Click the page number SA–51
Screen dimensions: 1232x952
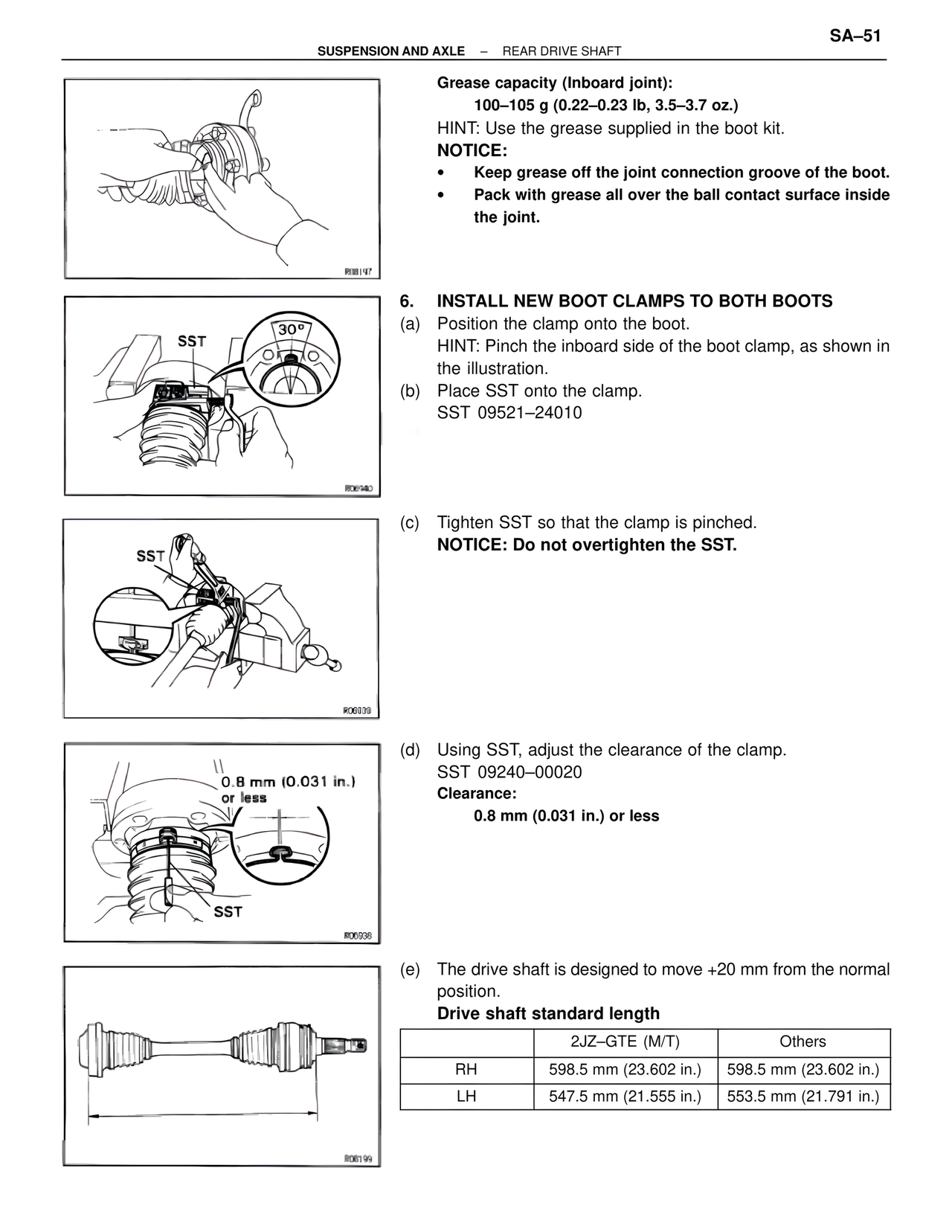(x=855, y=36)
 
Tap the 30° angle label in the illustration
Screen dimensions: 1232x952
(x=291, y=329)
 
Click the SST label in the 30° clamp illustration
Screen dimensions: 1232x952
(x=192, y=341)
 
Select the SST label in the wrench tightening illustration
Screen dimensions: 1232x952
(x=151, y=556)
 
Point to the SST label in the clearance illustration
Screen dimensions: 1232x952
(x=228, y=911)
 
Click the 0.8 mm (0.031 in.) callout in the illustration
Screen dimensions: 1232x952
(x=288, y=781)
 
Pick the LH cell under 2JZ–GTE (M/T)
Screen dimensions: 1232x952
(x=625, y=1096)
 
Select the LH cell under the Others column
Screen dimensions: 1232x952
(x=803, y=1096)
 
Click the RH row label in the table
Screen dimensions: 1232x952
(x=466, y=1070)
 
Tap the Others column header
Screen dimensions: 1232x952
(x=803, y=1042)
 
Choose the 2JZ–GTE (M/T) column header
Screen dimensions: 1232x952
(x=625, y=1042)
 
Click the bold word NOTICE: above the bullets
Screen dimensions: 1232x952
(x=472, y=150)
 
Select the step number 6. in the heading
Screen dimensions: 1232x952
(x=406, y=301)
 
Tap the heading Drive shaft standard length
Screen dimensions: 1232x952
(x=548, y=1013)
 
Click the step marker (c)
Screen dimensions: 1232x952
(x=410, y=522)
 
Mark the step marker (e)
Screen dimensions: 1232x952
(x=410, y=969)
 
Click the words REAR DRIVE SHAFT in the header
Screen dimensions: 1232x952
(x=562, y=51)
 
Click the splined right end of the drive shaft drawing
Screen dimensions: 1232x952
(x=350, y=1046)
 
